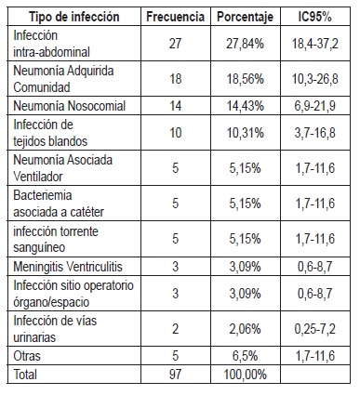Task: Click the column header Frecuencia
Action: (x=177, y=18)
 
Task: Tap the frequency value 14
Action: (x=176, y=108)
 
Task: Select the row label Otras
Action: (x=28, y=353)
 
